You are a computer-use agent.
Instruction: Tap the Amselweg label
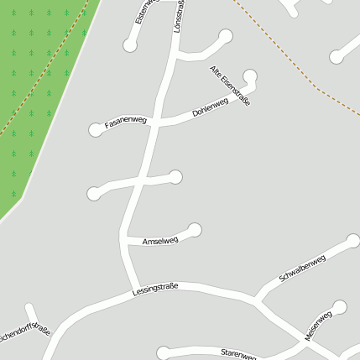[x=160, y=241]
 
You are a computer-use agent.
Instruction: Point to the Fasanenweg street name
[x=126, y=123]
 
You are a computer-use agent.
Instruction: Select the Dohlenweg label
[x=210, y=107]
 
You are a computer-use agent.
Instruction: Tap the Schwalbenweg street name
[x=302, y=269]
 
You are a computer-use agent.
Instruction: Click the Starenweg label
[x=237, y=354]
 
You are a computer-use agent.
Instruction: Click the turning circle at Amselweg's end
[x=195, y=229]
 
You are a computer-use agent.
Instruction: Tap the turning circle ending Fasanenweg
[x=96, y=129]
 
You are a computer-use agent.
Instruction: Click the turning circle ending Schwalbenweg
[x=353, y=242]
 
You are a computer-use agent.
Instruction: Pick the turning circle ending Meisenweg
[x=339, y=307]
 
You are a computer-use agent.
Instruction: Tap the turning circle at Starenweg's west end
[x=163, y=352]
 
